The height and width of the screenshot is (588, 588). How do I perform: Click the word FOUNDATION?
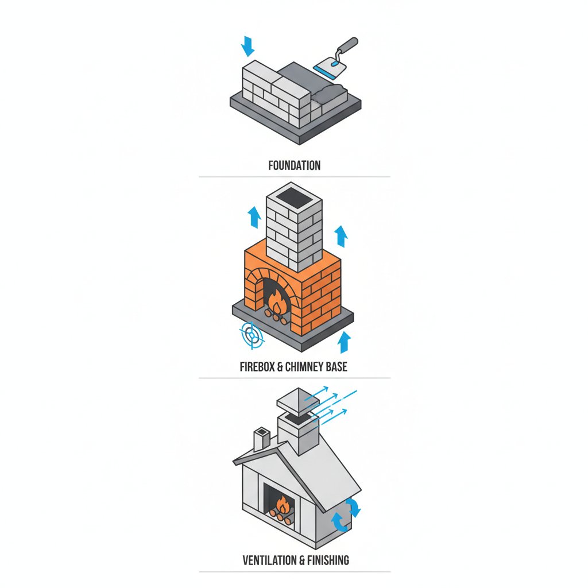[295, 165]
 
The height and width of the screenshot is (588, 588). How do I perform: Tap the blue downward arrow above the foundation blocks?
[247, 46]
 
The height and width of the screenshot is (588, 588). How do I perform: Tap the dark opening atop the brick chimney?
[294, 195]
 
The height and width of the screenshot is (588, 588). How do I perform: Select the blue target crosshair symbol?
[252, 335]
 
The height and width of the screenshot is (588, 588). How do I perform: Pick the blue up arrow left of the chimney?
[254, 217]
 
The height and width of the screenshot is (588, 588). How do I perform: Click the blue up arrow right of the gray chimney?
[341, 236]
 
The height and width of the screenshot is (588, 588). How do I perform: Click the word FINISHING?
[328, 560]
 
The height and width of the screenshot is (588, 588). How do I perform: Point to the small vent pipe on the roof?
[262, 439]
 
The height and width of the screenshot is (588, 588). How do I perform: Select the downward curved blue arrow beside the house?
[353, 507]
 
